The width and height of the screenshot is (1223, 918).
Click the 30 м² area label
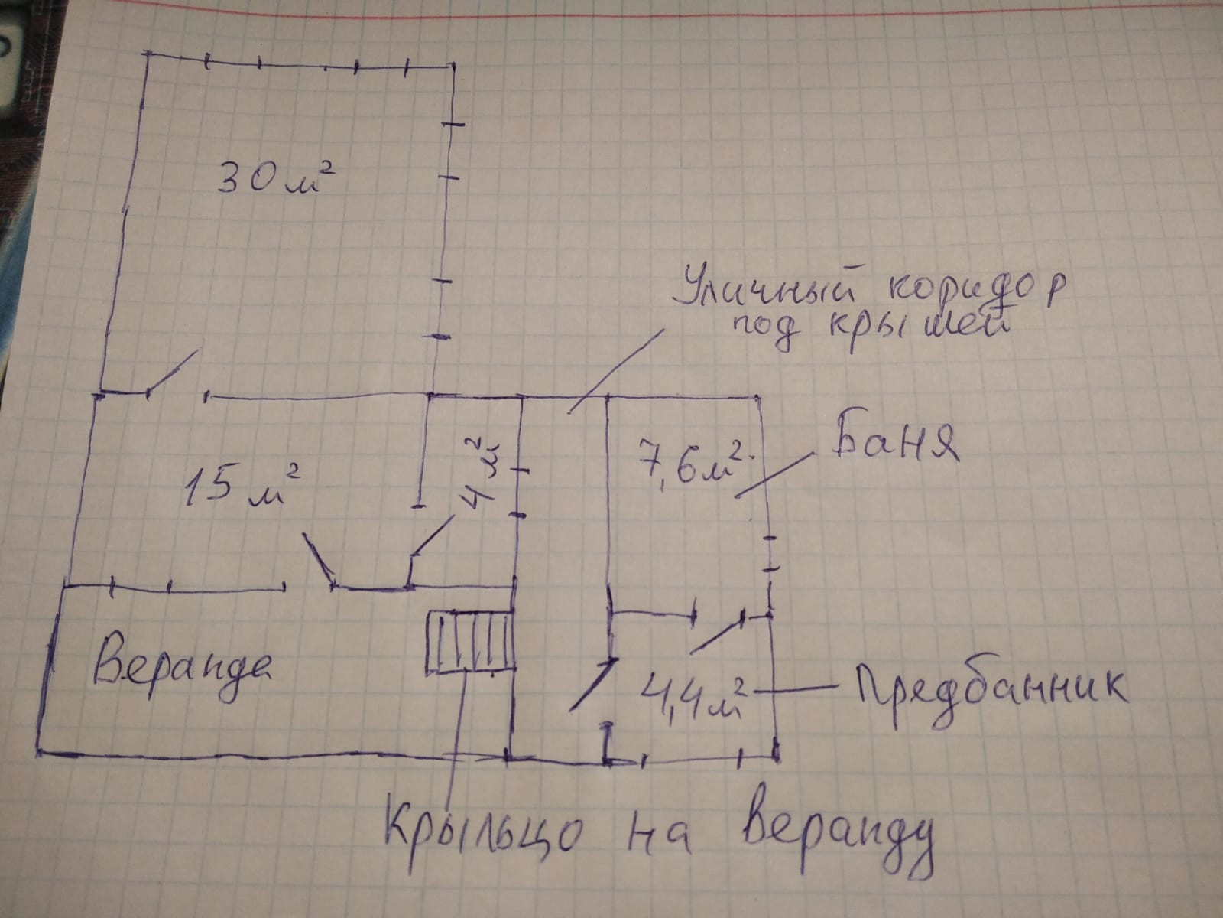click(x=276, y=177)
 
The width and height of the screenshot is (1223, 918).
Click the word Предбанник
click(x=985, y=693)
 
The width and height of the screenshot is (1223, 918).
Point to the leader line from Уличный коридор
click(x=615, y=371)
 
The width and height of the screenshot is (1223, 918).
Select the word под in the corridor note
click(x=767, y=332)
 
